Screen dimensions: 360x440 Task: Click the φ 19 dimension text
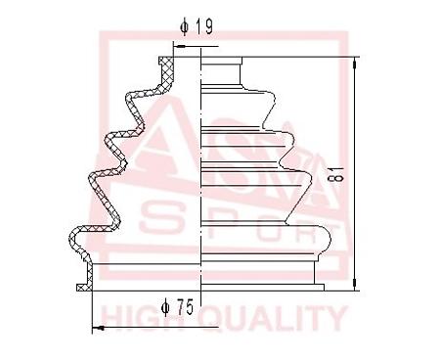point(198,26)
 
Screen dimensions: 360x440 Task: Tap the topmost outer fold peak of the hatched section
point(129,98)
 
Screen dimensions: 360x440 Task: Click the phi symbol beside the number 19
point(185,26)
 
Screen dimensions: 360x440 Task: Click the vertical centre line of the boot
point(200,176)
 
